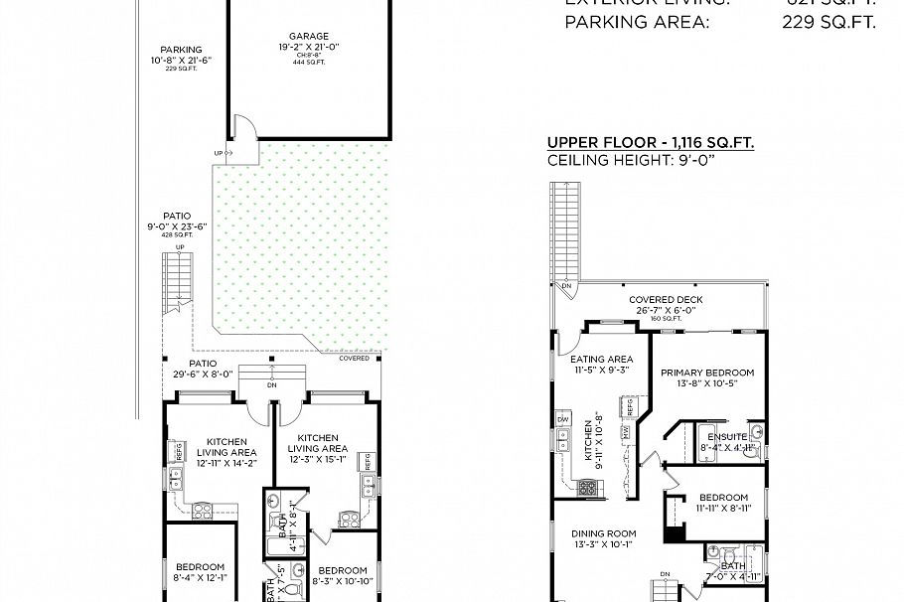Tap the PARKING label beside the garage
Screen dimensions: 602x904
pos(181,50)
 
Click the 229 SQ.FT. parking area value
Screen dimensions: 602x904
pos(829,22)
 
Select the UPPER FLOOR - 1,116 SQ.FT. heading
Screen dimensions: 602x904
pos(650,143)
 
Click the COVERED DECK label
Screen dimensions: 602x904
pos(666,300)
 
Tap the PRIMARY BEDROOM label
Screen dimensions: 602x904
pos(707,374)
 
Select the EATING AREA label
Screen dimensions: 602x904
pos(601,359)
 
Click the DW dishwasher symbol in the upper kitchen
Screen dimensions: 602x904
pos(563,420)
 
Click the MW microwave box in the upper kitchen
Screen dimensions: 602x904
pos(625,432)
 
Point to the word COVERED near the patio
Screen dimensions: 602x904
pos(354,358)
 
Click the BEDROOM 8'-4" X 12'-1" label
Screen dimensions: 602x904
pos(200,573)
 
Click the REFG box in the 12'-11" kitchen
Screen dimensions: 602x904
pos(180,449)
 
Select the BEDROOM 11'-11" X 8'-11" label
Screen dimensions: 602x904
pos(723,498)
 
